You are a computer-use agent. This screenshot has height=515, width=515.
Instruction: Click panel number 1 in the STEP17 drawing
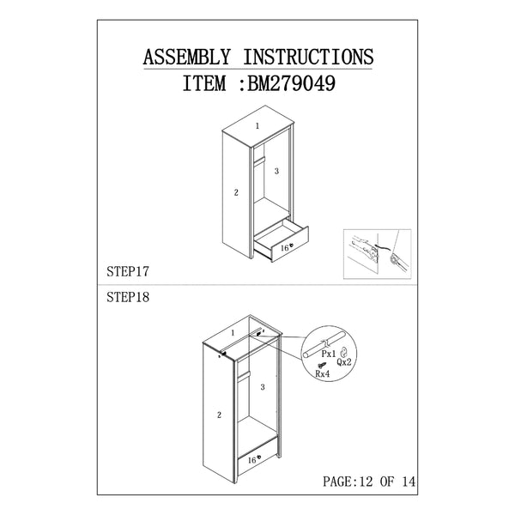click(x=257, y=127)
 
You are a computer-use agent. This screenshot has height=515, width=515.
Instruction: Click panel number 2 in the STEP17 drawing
click(x=235, y=192)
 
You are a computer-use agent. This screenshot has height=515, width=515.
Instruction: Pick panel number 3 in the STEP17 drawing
click(x=276, y=172)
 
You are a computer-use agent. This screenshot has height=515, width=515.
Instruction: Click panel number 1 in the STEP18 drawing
click(x=232, y=332)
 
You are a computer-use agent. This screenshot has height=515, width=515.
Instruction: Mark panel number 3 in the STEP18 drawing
click(x=263, y=387)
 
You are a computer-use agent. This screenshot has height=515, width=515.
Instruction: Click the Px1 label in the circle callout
click(x=328, y=353)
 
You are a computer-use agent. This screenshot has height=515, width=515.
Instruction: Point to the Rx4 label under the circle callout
click(x=323, y=374)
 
